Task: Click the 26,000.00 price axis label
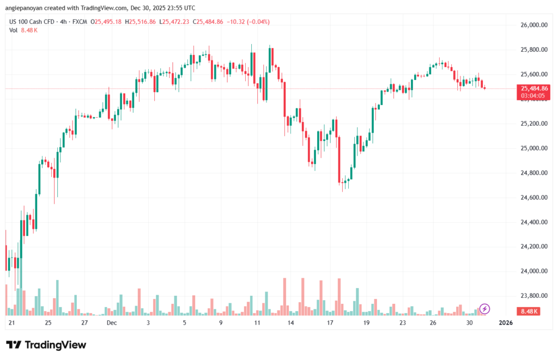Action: [x=533, y=25]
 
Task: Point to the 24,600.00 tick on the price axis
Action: [x=533, y=197]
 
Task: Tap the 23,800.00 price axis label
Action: [x=533, y=296]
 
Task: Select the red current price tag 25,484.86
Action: [x=535, y=88]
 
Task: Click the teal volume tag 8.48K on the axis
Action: [x=530, y=311]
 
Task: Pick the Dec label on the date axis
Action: [x=112, y=322]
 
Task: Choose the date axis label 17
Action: [x=330, y=322]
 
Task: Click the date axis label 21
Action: [x=11, y=322]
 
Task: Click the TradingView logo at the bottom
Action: [x=46, y=345]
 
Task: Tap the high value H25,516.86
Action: [x=140, y=22]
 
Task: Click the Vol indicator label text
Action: [x=14, y=30]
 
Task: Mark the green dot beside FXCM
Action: [x=90, y=22]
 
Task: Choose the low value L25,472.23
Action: [x=175, y=22]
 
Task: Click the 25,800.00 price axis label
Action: [x=533, y=50]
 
